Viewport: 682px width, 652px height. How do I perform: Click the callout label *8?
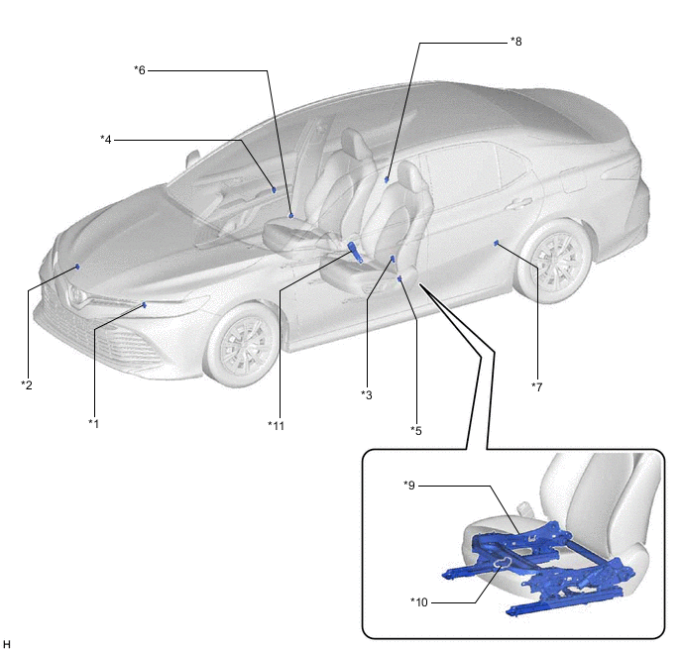(x=515, y=42)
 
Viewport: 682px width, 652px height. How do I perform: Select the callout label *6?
(x=140, y=69)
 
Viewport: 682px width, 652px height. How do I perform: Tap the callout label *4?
(x=106, y=139)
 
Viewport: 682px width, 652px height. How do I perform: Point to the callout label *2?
(x=27, y=384)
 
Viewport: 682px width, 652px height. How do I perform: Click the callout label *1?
(x=93, y=423)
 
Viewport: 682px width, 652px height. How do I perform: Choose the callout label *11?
(x=276, y=425)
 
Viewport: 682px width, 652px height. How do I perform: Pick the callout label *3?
(x=367, y=394)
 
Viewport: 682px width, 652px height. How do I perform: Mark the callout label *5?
(x=416, y=430)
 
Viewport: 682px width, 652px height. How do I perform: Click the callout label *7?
(x=536, y=386)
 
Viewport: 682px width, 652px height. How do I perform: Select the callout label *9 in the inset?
(x=409, y=485)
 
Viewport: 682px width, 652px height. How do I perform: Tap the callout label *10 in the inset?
(x=419, y=602)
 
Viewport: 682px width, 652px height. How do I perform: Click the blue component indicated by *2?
(x=77, y=267)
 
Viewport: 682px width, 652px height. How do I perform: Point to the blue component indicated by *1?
(x=145, y=305)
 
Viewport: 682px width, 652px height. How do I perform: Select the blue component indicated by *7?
(x=496, y=243)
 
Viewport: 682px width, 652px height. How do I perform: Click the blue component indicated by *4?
(x=274, y=189)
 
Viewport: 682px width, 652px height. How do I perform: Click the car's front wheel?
(x=242, y=345)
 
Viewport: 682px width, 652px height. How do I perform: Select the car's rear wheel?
(x=555, y=261)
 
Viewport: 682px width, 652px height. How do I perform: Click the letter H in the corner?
(x=7, y=644)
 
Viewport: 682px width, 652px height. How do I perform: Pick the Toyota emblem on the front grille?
(x=77, y=295)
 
